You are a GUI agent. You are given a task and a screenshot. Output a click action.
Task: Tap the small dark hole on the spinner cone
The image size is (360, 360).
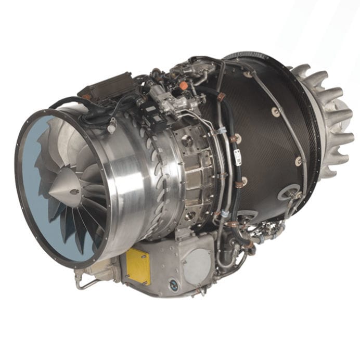pyautogui.click(x=74, y=191)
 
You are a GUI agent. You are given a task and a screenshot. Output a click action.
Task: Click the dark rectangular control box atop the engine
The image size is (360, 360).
pyautogui.click(x=109, y=86)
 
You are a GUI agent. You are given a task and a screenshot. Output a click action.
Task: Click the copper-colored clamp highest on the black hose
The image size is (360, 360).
pyautogui.click(x=221, y=97)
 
